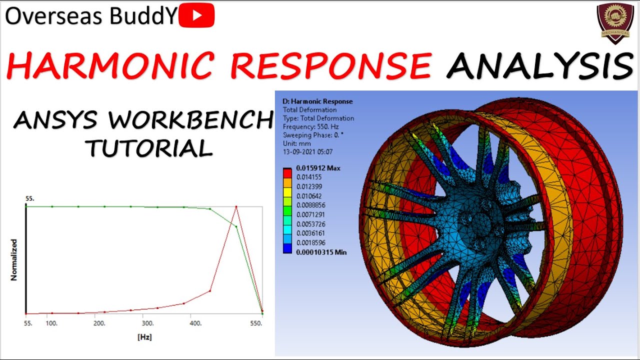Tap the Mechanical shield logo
[x=613, y=22]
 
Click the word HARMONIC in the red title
[x=106, y=65]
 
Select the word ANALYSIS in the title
[x=540, y=65]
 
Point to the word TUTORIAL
[x=148, y=148]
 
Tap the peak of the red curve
[x=236, y=206]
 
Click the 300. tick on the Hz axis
[x=147, y=323]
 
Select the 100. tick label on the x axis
[x=51, y=323]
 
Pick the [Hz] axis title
[x=144, y=337]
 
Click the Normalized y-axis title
[x=14, y=259]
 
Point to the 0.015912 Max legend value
[x=317, y=168]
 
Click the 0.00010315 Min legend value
[x=320, y=252]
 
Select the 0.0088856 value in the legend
[x=311, y=205]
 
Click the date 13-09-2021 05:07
[x=308, y=151]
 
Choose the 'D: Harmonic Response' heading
[x=317, y=101]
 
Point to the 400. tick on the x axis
[x=195, y=323]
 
